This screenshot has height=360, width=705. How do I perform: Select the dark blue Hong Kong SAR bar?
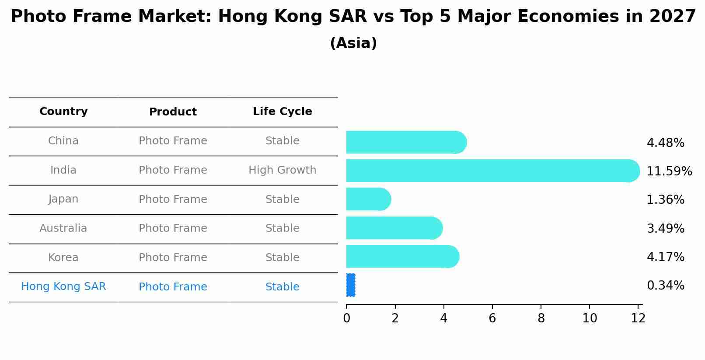pyautogui.click(x=351, y=285)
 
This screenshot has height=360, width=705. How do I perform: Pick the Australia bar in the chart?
pyautogui.click(x=394, y=228)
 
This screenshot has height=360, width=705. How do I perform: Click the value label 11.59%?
pyautogui.click(x=669, y=171)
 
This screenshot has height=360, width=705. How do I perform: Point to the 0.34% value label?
pyautogui.click(x=665, y=286)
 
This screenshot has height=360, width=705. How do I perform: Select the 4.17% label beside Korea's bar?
pyautogui.click(x=665, y=257)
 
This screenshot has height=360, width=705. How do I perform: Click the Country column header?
pyautogui.click(x=63, y=112)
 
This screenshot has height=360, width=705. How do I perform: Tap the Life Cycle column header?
pyautogui.click(x=282, y=112)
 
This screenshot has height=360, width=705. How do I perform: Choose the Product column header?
pyautogui.click(x=173, y=112)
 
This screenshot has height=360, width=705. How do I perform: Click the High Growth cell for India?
pyautogui.click(x=282, y=170)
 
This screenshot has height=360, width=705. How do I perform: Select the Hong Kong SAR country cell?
pyautogui.click(x=63, y=287)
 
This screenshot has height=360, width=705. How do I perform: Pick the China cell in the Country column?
pyautogui.click(x=63, y=141)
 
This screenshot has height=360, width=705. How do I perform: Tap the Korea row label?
pyautogui.click(x=63, y=258)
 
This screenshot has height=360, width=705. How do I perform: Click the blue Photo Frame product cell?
pyautogui.click(x=173, y=287)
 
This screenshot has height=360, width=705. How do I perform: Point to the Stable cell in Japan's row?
pyautogui.click(x=282, y=199)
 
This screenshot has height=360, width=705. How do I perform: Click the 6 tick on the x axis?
pyautogui.click(x=492, y=318)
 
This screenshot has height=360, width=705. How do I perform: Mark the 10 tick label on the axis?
pyautogui.click(x=590, y=318)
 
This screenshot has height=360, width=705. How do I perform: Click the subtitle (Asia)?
pyautogui.click(x=353, y=43)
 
